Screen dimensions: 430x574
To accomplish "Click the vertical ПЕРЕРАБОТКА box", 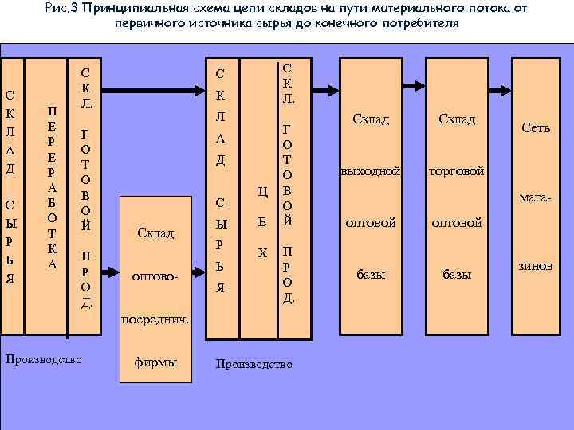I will point(52,186).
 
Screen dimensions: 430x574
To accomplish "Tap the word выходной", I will point(370,171).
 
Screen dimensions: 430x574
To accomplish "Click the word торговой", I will point(457,171).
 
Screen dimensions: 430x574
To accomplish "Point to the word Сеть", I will point(535,127).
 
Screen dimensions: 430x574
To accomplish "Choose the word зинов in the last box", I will point(535,266).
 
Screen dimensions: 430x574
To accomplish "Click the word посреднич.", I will point(155,319).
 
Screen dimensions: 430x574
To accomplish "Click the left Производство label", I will point(44,360).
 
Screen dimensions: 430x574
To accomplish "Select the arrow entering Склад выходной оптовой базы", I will point(327,83).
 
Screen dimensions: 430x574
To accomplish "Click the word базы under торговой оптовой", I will point(457,275).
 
